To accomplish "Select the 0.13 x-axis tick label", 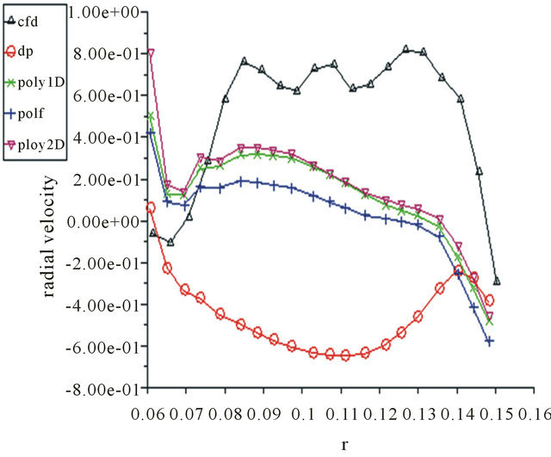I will pos(419,416).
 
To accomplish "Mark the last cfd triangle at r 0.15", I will pos(497,281).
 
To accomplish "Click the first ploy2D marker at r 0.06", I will pos(152,53).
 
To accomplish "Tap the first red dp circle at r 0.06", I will pos(152,207).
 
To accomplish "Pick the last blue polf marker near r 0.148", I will pos(489,341).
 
